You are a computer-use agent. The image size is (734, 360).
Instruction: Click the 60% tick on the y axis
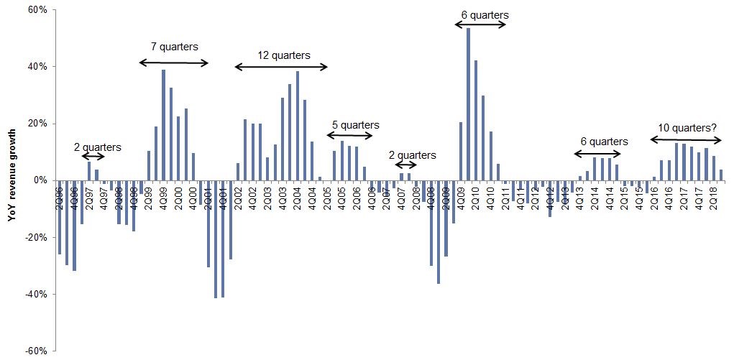[x=36, y=10]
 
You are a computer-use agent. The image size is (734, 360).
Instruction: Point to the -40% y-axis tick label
[x=35, y=294]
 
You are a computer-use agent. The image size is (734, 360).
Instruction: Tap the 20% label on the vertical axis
[x=36, y=124]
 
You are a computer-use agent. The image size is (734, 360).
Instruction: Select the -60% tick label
[x=35, y=351]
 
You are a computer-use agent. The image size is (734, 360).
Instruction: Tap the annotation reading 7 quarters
[x=174, y=47]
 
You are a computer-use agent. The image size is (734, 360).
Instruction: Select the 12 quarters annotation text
[x=284, y=55]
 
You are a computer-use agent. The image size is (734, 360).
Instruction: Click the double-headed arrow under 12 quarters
[x=281, y=67]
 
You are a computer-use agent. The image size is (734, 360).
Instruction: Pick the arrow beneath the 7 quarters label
[x=174, y=63]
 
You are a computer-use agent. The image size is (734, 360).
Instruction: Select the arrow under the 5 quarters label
[x=350, y=135]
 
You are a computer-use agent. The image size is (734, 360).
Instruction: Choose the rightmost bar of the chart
[x=721, y=175]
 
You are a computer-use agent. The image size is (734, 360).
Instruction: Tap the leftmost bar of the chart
[x=59, y=217]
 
